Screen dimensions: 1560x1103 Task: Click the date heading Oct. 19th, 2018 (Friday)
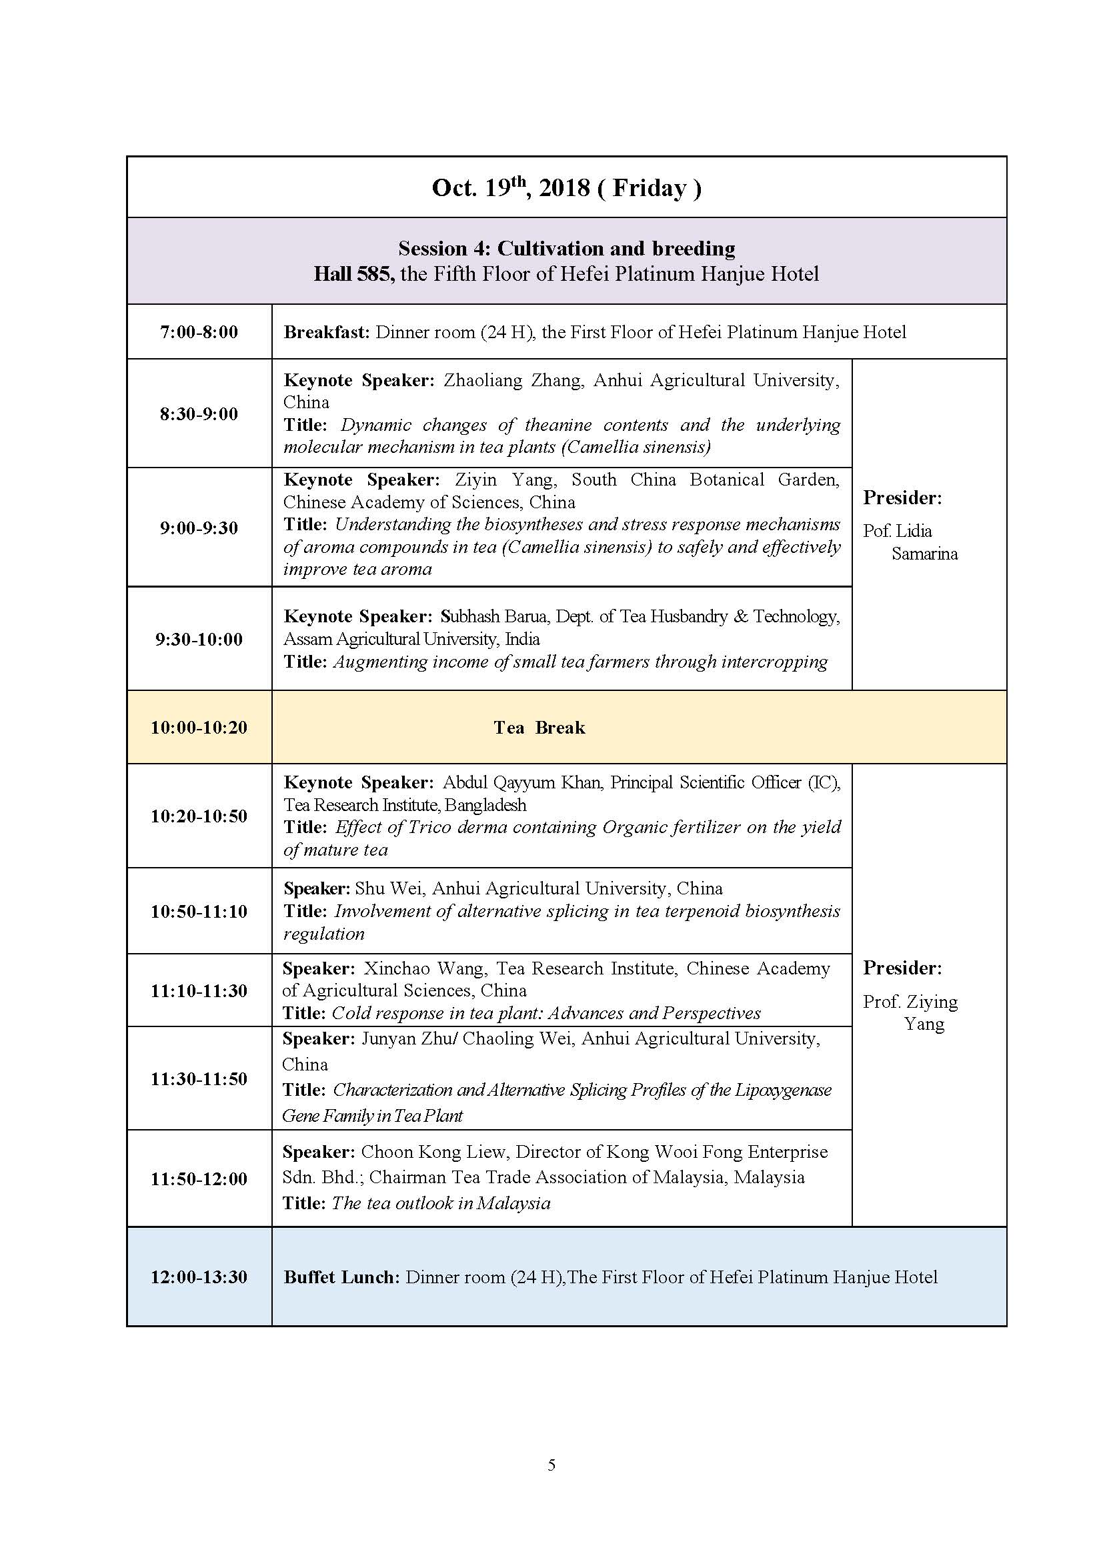coord(566,187)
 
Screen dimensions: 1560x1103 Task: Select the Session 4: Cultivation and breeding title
coord(566,248)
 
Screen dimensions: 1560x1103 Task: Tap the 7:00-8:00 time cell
coord(199,332)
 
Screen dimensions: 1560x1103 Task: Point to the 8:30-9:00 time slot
coord(199,414)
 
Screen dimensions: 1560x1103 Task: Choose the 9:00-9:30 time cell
coord(199,528)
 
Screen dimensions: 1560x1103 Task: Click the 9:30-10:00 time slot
coord(199,639)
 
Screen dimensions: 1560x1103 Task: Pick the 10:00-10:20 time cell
coord(199,728)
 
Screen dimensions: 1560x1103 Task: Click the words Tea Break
coord(539,728)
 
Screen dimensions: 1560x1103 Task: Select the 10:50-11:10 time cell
coord(199,911)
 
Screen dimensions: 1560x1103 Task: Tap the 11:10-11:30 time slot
coord(199,990)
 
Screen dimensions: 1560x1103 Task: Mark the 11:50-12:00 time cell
coord(199,1179)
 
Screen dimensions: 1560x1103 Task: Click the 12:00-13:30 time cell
coord(199,1277)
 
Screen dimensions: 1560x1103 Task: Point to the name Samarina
coord(924,554)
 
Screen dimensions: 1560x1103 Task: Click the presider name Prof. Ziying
coord(910,1002)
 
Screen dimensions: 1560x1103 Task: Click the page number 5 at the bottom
coord(551,1465)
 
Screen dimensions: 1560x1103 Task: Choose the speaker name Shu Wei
coord(389,888)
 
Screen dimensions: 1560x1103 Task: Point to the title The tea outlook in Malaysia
coord(441,1203)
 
